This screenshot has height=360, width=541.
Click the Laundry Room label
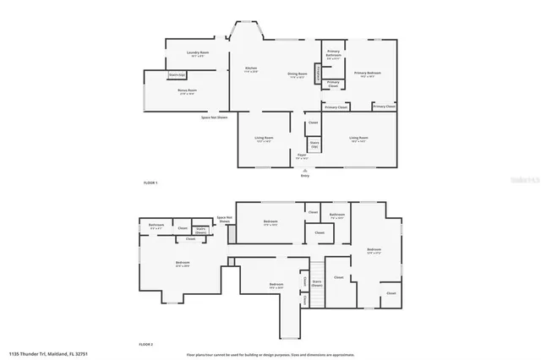coord(198,54)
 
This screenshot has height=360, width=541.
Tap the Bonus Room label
coord(187,91)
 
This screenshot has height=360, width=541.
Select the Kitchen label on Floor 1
coord(251,68)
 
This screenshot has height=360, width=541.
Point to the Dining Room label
coord(297,74)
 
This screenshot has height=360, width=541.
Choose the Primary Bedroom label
coord(368,74)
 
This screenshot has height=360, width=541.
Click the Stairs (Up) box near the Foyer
coord(314,145)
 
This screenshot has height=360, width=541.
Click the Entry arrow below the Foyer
coord(304,170)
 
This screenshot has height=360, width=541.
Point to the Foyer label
coord(301,156)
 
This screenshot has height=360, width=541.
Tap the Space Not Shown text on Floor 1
coord(214,117)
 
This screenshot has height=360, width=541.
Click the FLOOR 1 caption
coord(150,183)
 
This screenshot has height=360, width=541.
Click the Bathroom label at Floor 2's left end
coord(156,226)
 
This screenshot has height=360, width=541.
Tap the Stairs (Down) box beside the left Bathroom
coord(201,230)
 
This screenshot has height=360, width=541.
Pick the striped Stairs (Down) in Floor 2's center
coord(317,284)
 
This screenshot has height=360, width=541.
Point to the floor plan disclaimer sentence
coord(270,354)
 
